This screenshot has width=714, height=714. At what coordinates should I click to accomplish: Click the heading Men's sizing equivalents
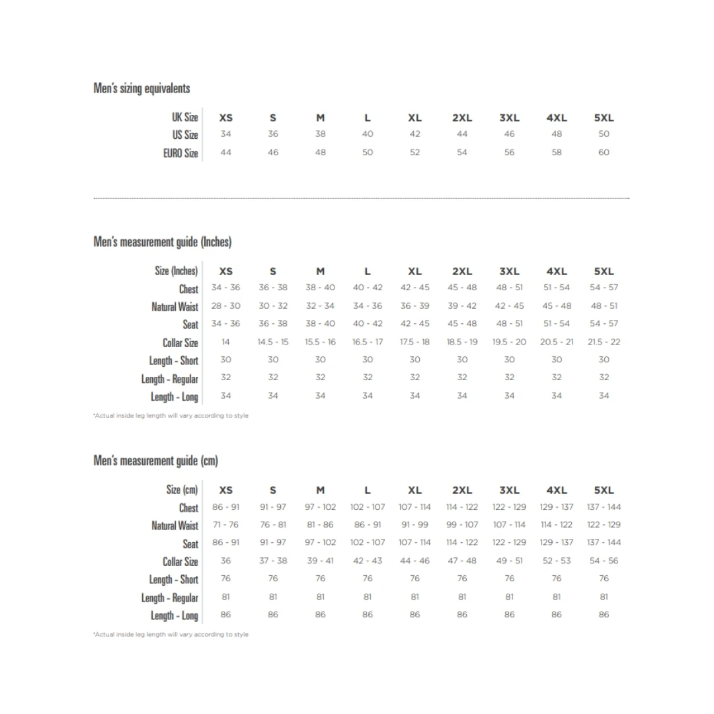(141, 89)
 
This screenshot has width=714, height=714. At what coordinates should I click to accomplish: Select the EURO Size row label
(180, 153)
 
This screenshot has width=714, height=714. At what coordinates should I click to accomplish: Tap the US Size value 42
(415, 134)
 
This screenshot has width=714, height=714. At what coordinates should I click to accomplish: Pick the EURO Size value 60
(604, 153)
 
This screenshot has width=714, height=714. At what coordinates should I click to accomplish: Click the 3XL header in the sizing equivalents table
(509, 118)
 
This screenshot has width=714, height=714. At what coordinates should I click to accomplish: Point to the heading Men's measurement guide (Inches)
(163, 242)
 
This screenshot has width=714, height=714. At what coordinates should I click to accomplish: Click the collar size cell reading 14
(226, 342)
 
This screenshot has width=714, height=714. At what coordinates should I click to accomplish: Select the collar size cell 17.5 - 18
(415, 342)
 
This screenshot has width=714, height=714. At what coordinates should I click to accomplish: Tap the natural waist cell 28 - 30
(226, 306)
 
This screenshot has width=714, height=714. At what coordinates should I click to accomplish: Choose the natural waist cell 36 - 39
(415, 306)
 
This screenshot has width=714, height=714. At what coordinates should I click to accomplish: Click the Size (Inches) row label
(176, 271)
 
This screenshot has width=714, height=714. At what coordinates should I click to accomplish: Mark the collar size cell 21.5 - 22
(604, 342)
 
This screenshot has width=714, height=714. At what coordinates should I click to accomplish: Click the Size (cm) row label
(182, 490)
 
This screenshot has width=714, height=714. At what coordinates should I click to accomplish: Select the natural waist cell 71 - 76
(226, 525)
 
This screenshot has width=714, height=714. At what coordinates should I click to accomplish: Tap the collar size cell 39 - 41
(321, 561)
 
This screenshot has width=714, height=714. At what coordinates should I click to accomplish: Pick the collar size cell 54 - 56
(604, 561)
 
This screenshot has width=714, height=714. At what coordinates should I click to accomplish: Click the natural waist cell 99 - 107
(462, 525)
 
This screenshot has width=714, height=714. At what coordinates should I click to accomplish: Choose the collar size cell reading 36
(226, 561)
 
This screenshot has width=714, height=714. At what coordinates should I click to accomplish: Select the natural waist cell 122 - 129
(604, 525)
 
